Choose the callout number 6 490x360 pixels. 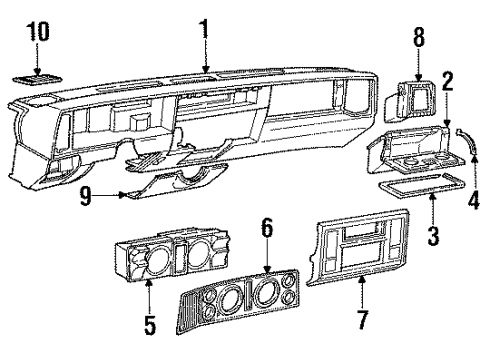266,229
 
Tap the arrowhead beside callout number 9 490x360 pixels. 122,196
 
